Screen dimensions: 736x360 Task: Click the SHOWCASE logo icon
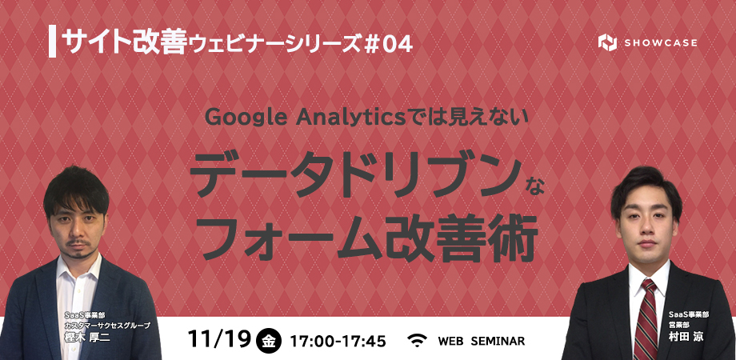pyautogui.click(x=607, y=42)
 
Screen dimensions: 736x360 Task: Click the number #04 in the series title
pyautogui.click(x=388, y=45)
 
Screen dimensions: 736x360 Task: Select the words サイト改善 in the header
pyautogui.click(x=124, y=41)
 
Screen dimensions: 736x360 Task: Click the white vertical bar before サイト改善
pyautogui.click(x=52, y=42)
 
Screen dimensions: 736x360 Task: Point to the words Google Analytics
pyautogui.click(x=305, y=118)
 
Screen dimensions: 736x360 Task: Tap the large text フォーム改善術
pyautogui.click(x=370, y=238)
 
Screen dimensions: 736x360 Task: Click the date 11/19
pyautogui.click(x=219, y=339)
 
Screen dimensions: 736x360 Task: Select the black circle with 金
pyautogui.click(x=269, y=340)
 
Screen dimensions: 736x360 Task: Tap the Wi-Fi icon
pyautogui.click(x=416, y=340)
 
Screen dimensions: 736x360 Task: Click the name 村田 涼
pyautogui.click(x=688, y=337)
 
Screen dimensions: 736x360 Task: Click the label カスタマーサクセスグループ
pyautogui.click(x=107, y=326)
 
